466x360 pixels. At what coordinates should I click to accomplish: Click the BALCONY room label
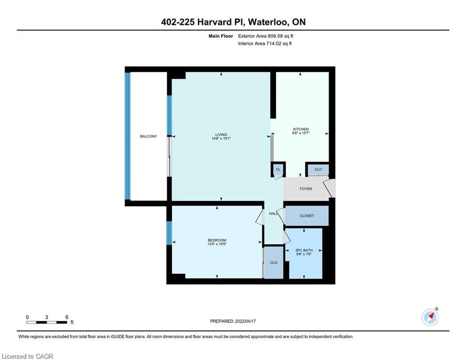click(148, 136)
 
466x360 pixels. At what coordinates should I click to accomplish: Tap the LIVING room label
click(221, 135)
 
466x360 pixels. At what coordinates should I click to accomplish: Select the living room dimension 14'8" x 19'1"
click(221, 138)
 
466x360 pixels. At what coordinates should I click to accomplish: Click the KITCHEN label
click(301, 129)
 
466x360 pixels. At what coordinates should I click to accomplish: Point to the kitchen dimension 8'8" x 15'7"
click(301, 133)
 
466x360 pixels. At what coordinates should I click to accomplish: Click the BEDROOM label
click(217, 240)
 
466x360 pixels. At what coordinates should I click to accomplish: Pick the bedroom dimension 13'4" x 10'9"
click(217, 244)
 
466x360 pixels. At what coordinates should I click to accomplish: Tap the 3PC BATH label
click(304, 250)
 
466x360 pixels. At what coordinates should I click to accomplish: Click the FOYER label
click(306, 188)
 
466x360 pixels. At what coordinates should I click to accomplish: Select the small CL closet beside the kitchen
click(278, 169)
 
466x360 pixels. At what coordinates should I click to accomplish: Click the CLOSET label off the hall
click(307, 216)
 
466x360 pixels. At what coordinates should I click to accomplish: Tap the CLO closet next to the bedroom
click(274, 262)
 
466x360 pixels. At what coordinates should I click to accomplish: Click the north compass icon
click(430, 317)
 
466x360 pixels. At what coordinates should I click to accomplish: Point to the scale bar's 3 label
click(47, 317)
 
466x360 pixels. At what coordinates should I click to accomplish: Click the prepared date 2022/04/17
click(245, 321)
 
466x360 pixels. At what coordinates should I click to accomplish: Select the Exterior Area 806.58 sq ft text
click(266, 36)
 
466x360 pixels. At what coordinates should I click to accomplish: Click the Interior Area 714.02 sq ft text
click(265, 44)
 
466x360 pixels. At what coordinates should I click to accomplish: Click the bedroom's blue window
click(169, 233)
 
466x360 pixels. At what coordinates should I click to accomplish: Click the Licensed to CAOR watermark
click(27, 356)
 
